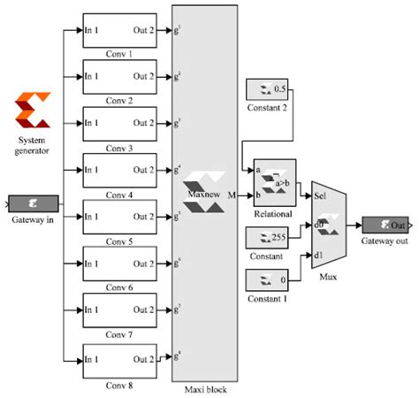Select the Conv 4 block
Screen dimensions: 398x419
[x=119, y=169]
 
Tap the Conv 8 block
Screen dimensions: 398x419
[x=119, y=359]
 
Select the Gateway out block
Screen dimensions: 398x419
[x=385, y=225]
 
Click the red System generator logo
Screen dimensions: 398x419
[x=32, y=111]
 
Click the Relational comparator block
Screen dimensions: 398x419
[x=274, y=180]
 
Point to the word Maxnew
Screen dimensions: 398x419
[x=202, y=189]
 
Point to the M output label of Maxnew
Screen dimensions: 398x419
[x=232, y=192]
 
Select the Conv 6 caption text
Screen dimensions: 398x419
[x=119, y=288]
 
